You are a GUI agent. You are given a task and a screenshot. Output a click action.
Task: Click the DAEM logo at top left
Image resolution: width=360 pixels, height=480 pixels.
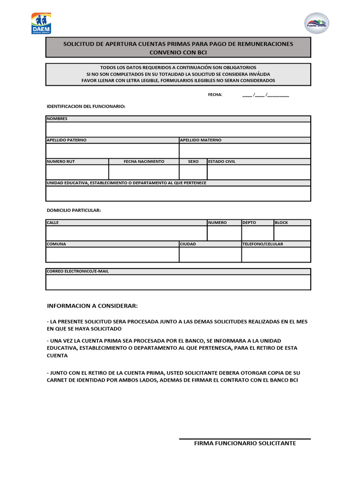(x=41, y=23)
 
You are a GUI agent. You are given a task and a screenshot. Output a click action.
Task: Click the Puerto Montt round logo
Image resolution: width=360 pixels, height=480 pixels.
(x=317, y=23)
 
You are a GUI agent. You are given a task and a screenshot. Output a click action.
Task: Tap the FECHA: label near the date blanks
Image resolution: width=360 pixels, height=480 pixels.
(x=215, y=95)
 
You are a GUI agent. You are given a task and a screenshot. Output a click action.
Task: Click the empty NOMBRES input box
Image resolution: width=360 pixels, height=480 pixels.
(x=178, y=129)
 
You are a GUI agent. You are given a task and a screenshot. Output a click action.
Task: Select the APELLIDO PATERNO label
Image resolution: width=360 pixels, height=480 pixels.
(x=66, y=140)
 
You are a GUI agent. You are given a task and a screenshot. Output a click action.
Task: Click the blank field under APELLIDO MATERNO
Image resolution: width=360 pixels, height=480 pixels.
(x=245, y=151)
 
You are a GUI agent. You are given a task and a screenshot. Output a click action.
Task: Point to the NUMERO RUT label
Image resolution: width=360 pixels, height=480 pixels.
(x=60, y=162)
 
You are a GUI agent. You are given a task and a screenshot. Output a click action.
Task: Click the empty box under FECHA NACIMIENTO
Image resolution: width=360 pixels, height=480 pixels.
(x=144, y=172)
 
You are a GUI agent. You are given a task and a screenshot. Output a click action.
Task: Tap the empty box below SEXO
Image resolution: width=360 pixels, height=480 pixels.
(x=193, y=172)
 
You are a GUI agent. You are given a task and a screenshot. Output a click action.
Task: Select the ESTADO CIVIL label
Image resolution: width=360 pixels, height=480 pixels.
(x=222, y=162)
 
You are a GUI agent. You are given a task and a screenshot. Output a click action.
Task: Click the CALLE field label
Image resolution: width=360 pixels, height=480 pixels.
(x=52, y=223)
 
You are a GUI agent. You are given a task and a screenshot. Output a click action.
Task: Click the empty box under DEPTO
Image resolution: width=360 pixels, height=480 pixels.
(x=257, y=233)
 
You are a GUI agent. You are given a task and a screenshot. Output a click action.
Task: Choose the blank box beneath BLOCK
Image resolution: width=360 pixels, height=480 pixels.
(x=292, y=233)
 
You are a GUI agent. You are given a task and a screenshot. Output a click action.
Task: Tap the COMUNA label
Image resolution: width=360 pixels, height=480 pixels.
(x=56, y=244)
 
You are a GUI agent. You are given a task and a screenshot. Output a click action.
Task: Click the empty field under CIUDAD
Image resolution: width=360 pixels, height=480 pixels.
(x=210, y=255)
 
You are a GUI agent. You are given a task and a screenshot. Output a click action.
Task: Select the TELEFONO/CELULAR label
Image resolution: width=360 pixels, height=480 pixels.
(x=262, y=244)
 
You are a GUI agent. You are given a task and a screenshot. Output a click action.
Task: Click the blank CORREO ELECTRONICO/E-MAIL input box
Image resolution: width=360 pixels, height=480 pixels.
(x=178, y=282)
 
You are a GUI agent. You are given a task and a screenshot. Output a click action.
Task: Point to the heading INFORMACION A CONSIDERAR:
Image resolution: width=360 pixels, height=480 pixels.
(x=92, y=306)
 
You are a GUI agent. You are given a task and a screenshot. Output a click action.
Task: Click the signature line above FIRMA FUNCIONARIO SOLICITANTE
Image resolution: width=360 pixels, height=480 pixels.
(x=245, y=439)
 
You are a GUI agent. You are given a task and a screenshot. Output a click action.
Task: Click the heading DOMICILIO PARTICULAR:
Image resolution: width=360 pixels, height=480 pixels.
(x=74, y=210)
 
